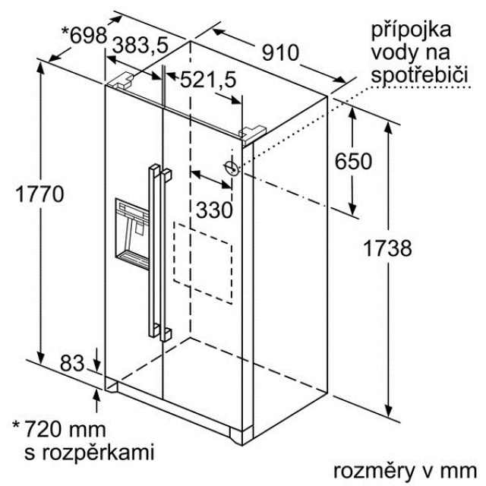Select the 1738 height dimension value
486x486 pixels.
coord(387,248)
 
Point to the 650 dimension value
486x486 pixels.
coord(354,161)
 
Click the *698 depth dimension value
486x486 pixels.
coord(84,34)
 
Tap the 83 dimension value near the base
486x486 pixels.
coord(72,363)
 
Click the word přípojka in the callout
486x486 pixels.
coord(411,31)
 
